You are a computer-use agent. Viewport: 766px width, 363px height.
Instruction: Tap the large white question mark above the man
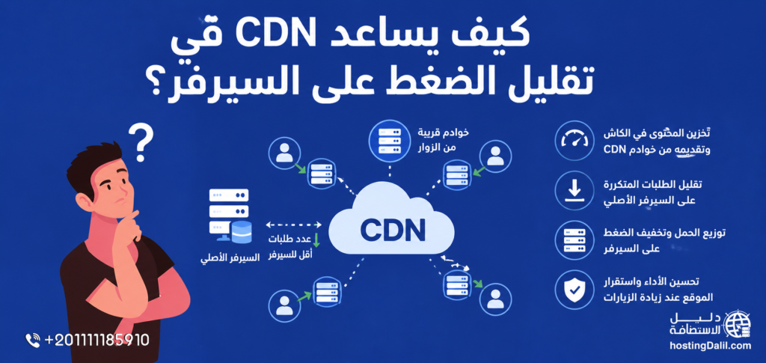click(140, 142)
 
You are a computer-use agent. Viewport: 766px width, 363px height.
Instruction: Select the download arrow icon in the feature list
click(574, 190)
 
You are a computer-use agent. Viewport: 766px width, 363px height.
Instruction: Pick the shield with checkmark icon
click(574, 290)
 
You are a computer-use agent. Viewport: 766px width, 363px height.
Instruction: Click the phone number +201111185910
click(96, 340)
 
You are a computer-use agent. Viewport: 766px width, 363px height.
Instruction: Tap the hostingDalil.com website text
click(710, 346)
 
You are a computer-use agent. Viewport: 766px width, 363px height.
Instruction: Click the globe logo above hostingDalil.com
click(737, 323)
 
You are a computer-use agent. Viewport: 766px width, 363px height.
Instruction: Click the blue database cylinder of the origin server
click(242, 231)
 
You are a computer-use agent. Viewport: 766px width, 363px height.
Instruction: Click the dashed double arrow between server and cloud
click(293, 225)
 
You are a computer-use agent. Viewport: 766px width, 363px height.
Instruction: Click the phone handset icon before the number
click(33, 340)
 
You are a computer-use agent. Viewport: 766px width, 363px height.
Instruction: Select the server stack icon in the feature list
click(574, 240)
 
